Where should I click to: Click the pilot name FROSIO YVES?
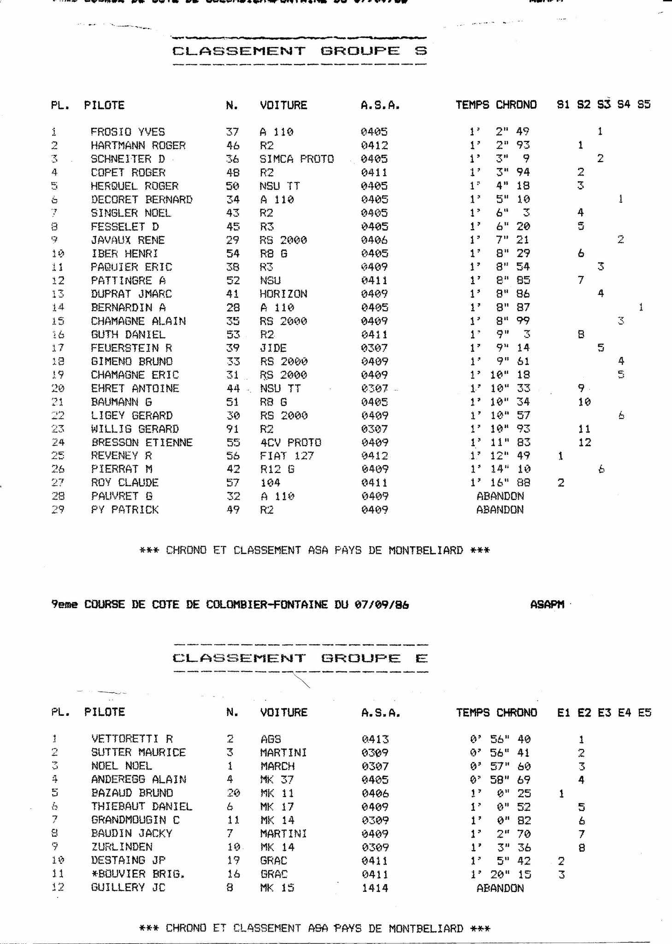[127, 132]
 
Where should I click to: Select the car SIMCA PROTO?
[296, 159]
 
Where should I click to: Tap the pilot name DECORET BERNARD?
[141, 200]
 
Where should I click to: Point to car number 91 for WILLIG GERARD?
[233, 429]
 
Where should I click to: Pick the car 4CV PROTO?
[290, 442]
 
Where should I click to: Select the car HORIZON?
[283, 294]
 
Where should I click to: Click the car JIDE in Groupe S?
[273, 348]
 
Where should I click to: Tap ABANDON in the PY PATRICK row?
[500, 510]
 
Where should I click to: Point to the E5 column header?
[644, 713]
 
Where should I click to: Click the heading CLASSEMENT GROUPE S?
[300, 51]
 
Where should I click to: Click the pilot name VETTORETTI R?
[132, 739]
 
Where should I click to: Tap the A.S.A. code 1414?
[375, 888]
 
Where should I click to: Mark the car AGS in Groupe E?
[271, 739]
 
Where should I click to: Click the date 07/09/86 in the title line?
[381, 604]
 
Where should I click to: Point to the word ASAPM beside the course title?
[547, 604]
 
